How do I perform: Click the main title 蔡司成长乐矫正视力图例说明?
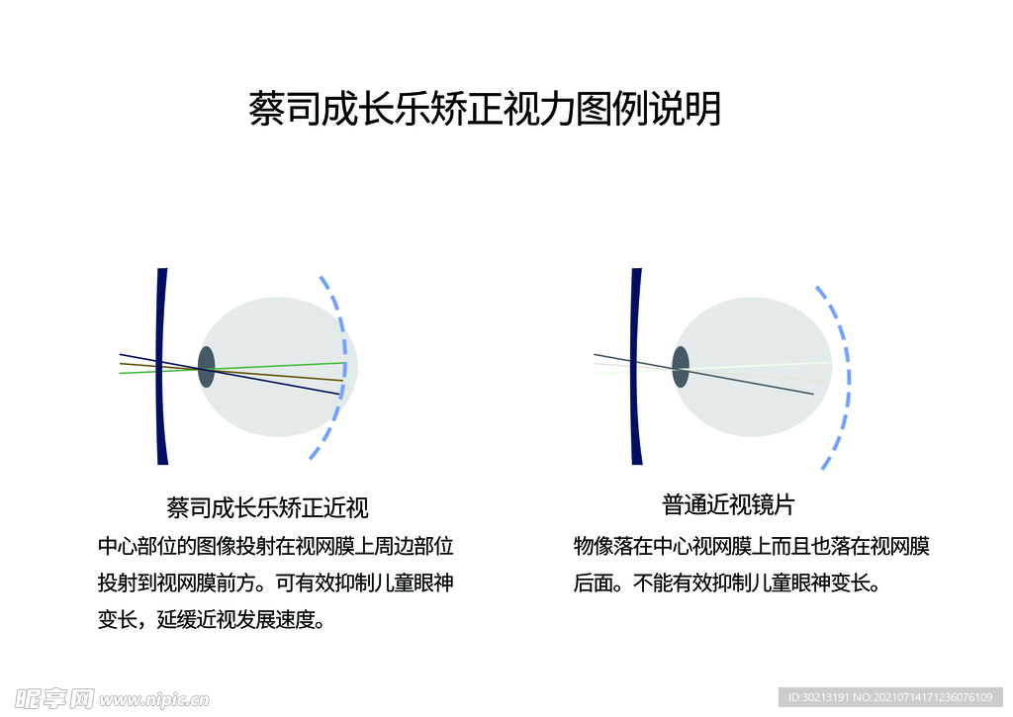point(485,109)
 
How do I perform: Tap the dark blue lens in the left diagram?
point(162,366)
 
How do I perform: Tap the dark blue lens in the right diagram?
point(636,366)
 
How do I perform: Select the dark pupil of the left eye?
point(206,367)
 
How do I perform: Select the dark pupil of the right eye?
point(681,367)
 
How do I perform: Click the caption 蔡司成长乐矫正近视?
point(267,508)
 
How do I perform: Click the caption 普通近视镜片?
point(728,505)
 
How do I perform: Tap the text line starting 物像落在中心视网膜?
point(751,546)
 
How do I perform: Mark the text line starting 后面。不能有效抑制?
point(726,583)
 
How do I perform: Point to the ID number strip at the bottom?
point(890,698)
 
